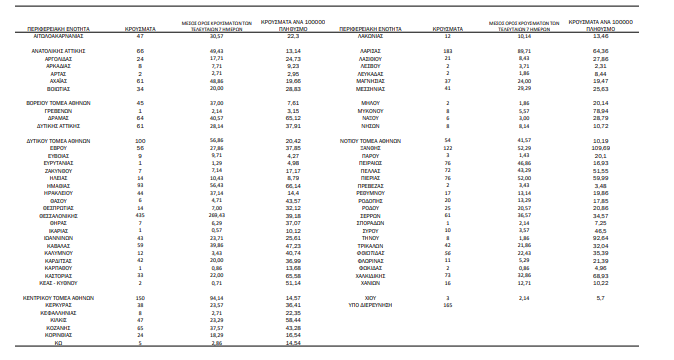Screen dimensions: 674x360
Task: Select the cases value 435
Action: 140,242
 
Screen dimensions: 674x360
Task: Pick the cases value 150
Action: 140,297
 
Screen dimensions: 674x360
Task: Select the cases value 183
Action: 448,49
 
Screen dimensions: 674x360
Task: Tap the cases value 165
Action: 448,304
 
